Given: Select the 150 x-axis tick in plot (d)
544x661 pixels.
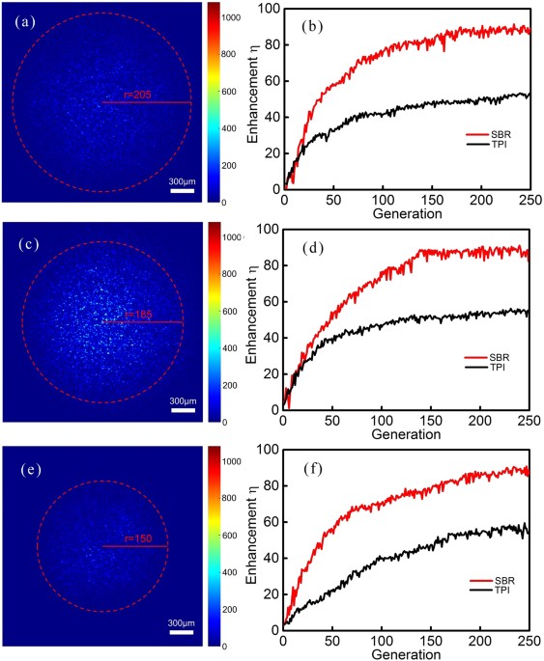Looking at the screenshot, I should [432, 421].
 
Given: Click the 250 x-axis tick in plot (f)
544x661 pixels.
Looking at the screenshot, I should [530, 641].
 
